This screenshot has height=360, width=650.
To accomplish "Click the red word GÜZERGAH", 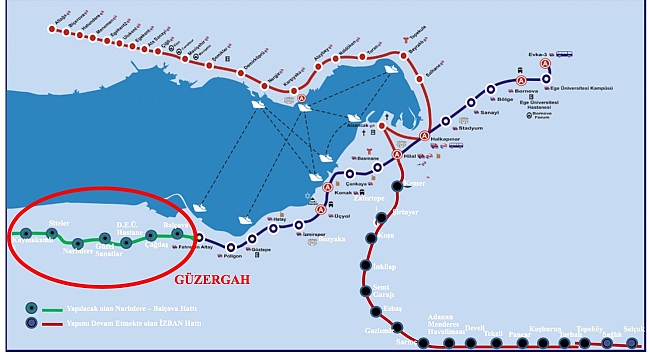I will coord(211,280).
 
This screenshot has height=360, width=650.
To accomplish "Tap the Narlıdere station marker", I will coord(78,243).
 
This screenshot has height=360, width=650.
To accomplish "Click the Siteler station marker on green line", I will coord(52,233).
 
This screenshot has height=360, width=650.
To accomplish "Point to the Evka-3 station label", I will coord(542,55).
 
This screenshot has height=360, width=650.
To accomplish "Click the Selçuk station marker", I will coord(632,343).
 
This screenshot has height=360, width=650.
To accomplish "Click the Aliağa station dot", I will coord(50,22).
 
